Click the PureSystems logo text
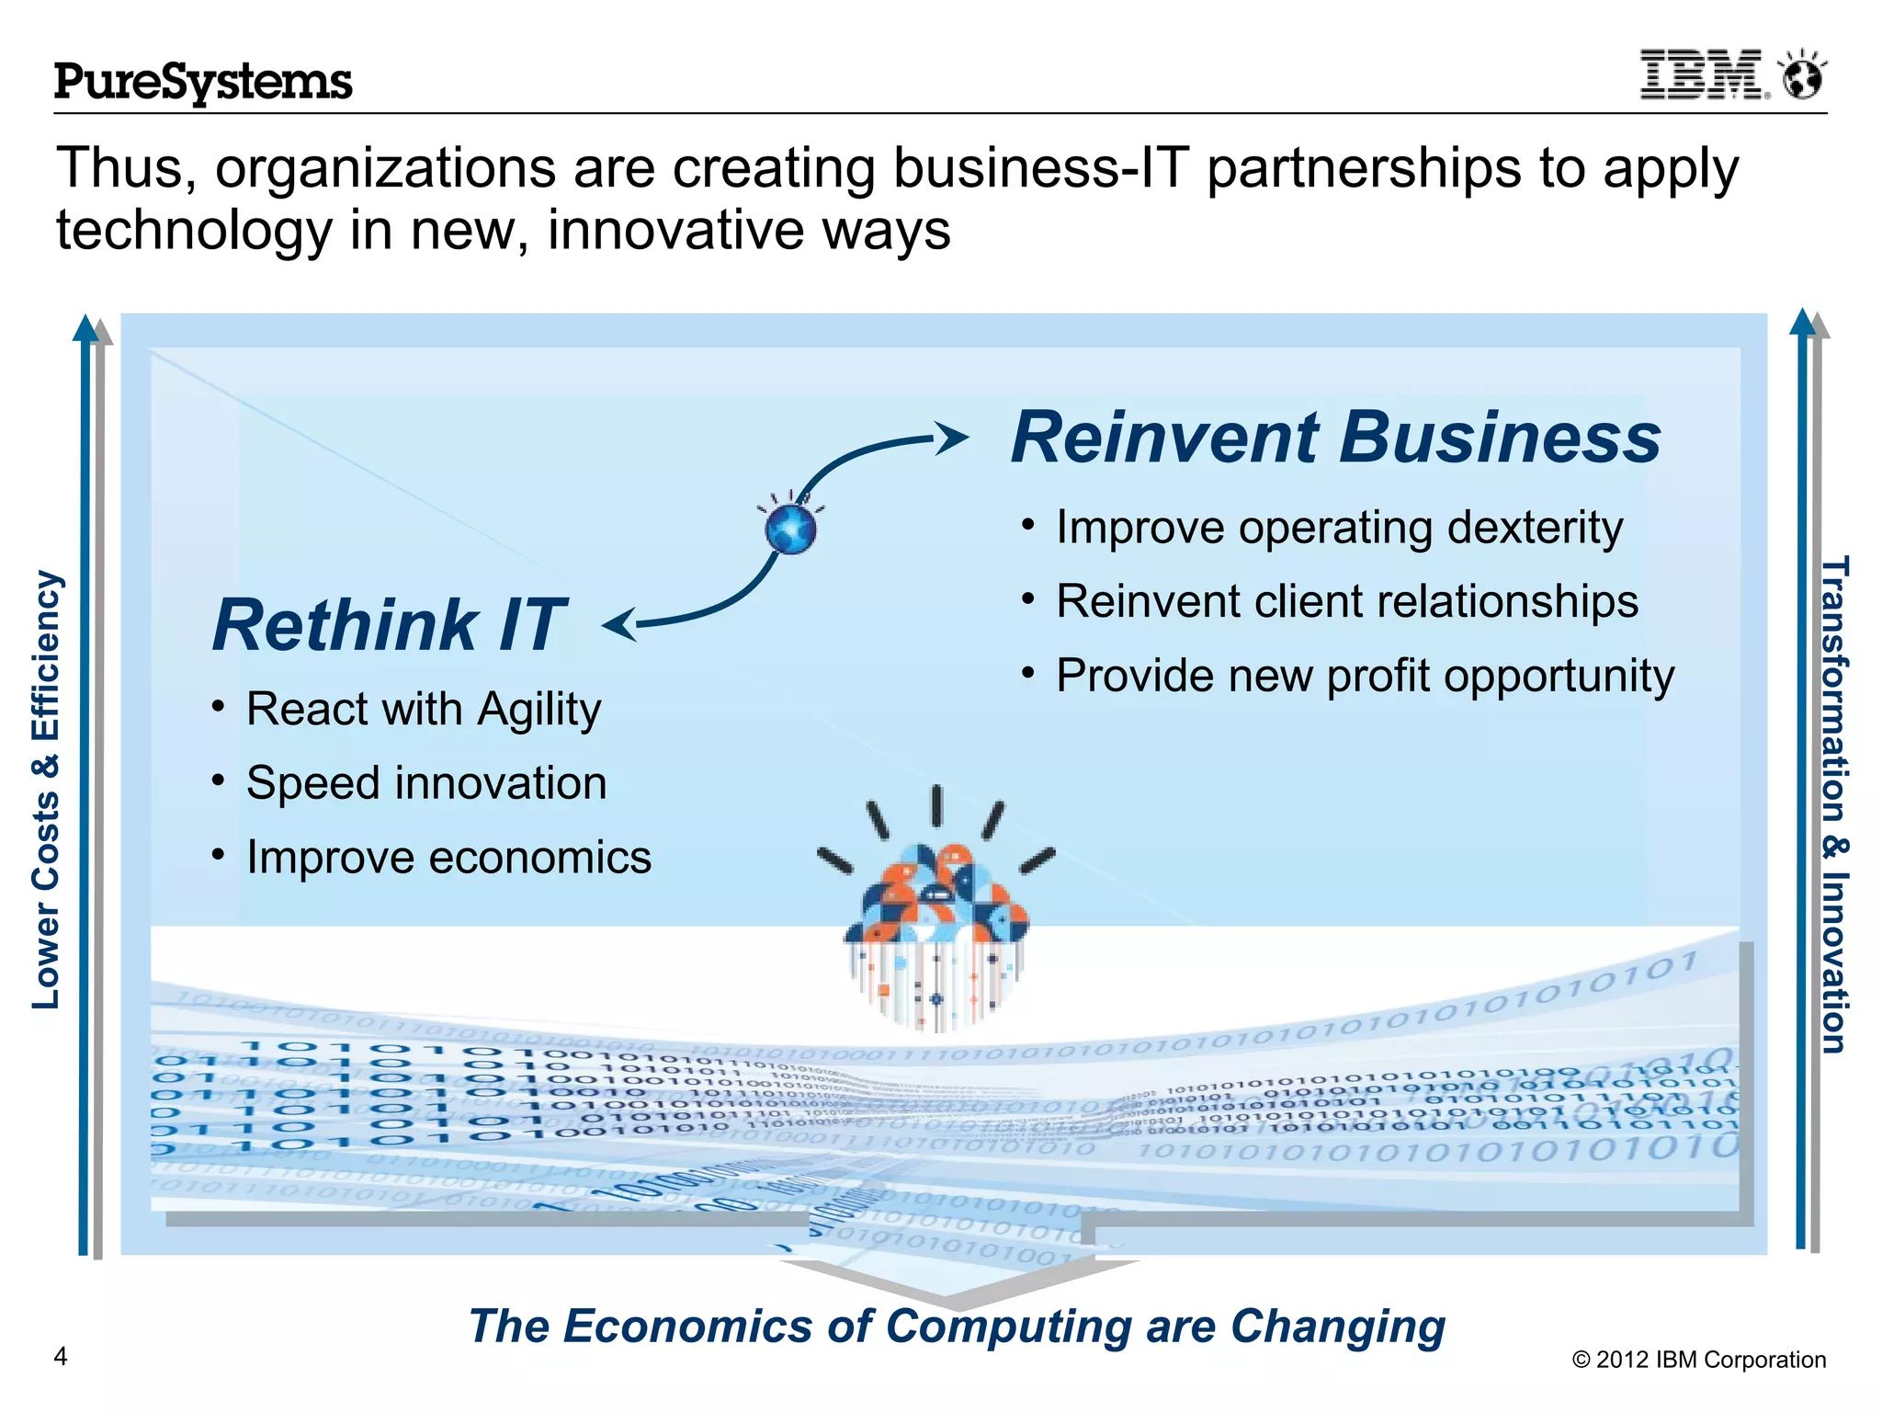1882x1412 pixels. pyautogui.click(x=203, y=82)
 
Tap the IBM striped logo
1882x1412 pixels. pyautogui.click(x=1703, y=75)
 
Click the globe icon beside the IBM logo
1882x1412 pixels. pyautogui.click(x=1802, y=75)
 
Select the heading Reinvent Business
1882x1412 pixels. pyautogui.click(x=1335, y=438)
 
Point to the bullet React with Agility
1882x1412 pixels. pyautogui.click(x=423, y=710)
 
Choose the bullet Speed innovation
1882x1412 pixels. pyautogui.click(x=425, y=783)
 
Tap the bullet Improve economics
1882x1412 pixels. pyautogui.click(x=448, y=858)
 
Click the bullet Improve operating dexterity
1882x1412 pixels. pyautogui.click(x=1339, y=528)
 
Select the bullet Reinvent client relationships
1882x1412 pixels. pyautogui.click(x=1346, y=601)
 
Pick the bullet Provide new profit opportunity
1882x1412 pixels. pyautogui.click(x=1365, y=676)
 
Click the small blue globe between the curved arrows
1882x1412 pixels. pyautogui.click(x=790, y=529)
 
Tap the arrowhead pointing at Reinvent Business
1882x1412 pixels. pyautogui.click(x=951, y=438)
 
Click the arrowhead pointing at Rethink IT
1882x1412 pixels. pyautogui.click(x=619, y=624)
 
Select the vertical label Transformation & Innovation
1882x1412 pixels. pyautogui.click(x=1834, y=804)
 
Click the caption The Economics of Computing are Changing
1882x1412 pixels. pyautogui.click(x=957, y=1327)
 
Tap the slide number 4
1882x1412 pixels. pyautogui.click(x=61, y=1356)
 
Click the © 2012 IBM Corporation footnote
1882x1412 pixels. pyautogui.click(x=1698, y=1360)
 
